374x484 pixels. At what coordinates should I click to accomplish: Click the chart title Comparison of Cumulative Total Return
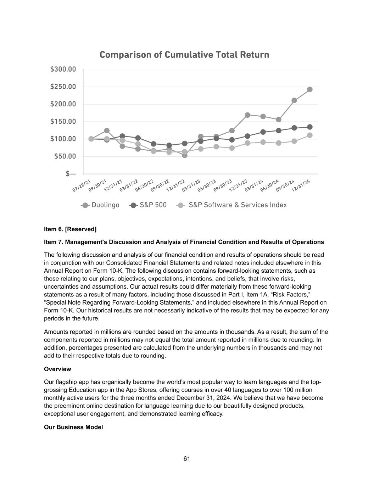tap(184, 55)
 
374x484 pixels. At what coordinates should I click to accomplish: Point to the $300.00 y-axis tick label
tap(63, 69)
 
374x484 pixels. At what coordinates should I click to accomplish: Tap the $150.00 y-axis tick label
tap(63, 122)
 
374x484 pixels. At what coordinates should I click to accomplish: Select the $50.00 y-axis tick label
tap(65, 156)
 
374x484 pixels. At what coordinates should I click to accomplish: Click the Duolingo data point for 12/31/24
tap(310, 89)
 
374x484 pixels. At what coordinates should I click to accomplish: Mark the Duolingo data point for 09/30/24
tap(294, 100)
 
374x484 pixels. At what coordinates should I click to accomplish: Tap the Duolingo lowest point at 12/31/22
tap(185, 155)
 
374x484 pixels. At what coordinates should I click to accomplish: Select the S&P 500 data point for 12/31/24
tap(310, 127)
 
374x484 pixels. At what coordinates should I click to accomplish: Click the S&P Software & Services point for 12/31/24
tap(310, 135)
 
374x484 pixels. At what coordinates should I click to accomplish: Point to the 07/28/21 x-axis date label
tap(82, 186)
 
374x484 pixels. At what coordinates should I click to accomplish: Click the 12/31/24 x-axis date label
tap(301, 186)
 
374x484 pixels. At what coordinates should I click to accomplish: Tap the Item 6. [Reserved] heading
tap(70, 229)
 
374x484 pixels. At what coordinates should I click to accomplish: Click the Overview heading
tap(57, 369)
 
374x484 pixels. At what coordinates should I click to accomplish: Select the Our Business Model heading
tap(73, 427)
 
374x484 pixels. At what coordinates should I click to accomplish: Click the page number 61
tap(187, 459)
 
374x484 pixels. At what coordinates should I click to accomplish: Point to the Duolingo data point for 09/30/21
tap(107, 131)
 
